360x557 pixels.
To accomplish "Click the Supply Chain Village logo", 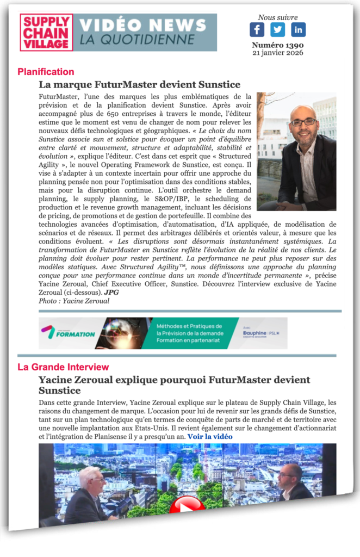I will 46,33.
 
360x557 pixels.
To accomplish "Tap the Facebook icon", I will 257,29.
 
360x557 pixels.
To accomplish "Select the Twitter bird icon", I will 277,29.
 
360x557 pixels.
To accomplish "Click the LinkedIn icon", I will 298,29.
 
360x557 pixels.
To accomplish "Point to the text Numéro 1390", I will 278,45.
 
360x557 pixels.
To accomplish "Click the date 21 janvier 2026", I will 278,53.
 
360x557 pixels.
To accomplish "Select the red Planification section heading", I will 46,72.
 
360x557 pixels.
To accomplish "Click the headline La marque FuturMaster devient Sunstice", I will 139,84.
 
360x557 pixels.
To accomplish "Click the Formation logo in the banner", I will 67,333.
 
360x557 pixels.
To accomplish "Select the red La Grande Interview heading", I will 63,367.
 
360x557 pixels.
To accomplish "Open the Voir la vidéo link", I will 210,436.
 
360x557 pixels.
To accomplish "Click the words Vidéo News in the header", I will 143,25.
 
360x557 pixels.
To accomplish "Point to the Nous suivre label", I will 277,17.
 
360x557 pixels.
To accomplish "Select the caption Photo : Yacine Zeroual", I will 74,301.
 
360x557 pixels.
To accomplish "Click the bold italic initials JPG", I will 111,292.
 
